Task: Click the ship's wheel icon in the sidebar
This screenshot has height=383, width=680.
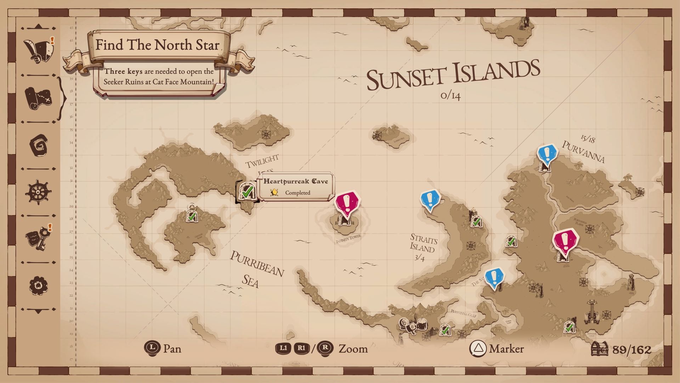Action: (38, 192)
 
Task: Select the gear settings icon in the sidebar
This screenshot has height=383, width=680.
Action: (38, 286)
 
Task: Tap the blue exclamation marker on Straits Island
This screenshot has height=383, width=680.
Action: (430, 199)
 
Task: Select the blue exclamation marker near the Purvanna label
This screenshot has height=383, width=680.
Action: (547, 155)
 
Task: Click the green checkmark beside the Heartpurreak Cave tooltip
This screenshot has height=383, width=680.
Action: (247, 191)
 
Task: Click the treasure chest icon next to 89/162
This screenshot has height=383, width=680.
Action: (600, 349)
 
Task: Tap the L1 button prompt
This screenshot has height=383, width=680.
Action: (283, 348)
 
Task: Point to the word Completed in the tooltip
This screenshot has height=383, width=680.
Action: (297, 193)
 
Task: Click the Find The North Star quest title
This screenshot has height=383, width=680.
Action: (158, 45)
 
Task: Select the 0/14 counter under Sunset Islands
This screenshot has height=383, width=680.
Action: (450, 95)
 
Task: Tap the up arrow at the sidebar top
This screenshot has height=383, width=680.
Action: (38, 27)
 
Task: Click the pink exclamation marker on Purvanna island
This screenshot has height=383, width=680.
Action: (565, 242)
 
